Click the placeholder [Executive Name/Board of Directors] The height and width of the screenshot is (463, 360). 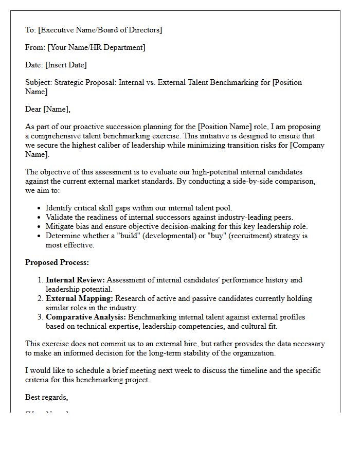(100, 30)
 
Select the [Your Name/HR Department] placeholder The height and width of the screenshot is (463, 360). (96, 47)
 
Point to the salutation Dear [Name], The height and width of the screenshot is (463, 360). (48, 109)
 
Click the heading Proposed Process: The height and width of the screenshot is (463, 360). (57, 262)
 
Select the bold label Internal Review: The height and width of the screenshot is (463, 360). (75, 280)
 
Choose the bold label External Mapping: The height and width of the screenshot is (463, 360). (79, 298)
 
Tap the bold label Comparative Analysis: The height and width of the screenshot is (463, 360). (86, 317)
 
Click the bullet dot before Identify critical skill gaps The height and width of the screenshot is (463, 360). (40, 208)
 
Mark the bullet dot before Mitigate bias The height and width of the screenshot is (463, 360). (40, 227)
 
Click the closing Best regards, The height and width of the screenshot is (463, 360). (47, 397)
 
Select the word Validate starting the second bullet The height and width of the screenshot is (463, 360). (60, 217)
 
